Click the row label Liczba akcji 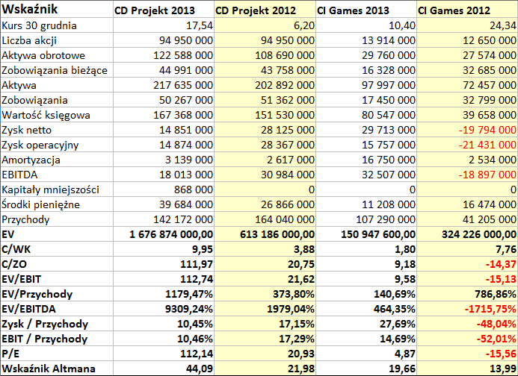(29, 40)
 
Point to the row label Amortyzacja (31, 160)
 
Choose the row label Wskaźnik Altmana (49, 369)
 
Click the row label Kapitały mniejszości (51, 189)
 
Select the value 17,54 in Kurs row (200, 25)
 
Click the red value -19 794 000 (487, 130)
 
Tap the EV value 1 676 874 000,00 (171, 234)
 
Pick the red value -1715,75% (490, 309)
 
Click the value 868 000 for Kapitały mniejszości (194, 189)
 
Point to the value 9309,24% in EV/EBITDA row (189, 309)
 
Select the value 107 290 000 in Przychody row (386, 219)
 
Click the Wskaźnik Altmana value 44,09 (200, 369)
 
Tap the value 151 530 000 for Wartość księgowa (285, 115)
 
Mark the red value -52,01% (496, 339)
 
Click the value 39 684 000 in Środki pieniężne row (186, 204)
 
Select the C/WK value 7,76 (506, 249)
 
